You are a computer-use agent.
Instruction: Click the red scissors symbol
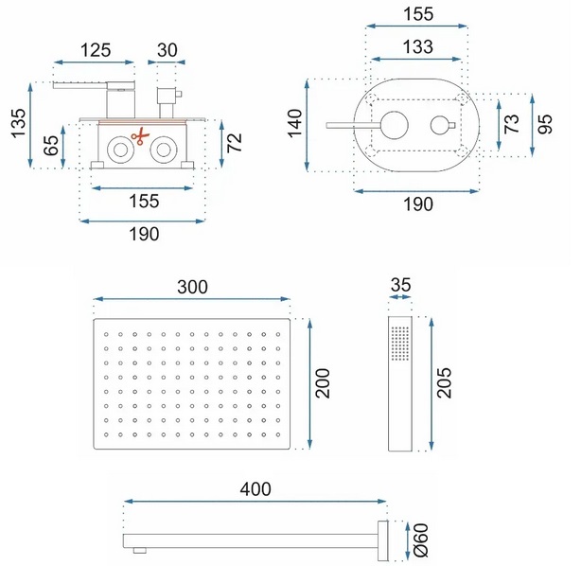pos(140,136)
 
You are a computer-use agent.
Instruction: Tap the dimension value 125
pos(96,50)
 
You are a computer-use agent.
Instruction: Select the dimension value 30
pos(167,50)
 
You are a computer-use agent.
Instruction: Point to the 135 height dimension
pos(18,123)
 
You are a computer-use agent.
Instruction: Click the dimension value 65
pos(51,146)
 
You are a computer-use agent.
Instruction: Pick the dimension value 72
pos(234,143)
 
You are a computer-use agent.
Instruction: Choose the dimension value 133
pos(417,46)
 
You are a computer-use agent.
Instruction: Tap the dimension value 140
pos(295,123)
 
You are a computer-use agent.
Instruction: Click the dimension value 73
pos(512,124)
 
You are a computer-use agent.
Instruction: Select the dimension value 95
pos(545,124)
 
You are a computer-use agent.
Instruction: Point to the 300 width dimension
pos(192,288)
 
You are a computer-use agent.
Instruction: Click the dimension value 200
pos(323,383)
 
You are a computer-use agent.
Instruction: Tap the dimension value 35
pos(400,285)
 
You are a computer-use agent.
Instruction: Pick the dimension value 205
pos(445,383)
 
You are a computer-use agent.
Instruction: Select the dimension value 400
pos(255,489)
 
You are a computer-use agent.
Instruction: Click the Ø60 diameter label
pos(421,540)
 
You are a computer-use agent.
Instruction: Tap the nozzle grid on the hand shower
pos(400,344)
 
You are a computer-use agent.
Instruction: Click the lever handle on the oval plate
pos(354,125)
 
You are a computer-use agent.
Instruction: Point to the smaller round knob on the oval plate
pos(440,125)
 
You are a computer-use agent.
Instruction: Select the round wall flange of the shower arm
pos(383,540)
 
